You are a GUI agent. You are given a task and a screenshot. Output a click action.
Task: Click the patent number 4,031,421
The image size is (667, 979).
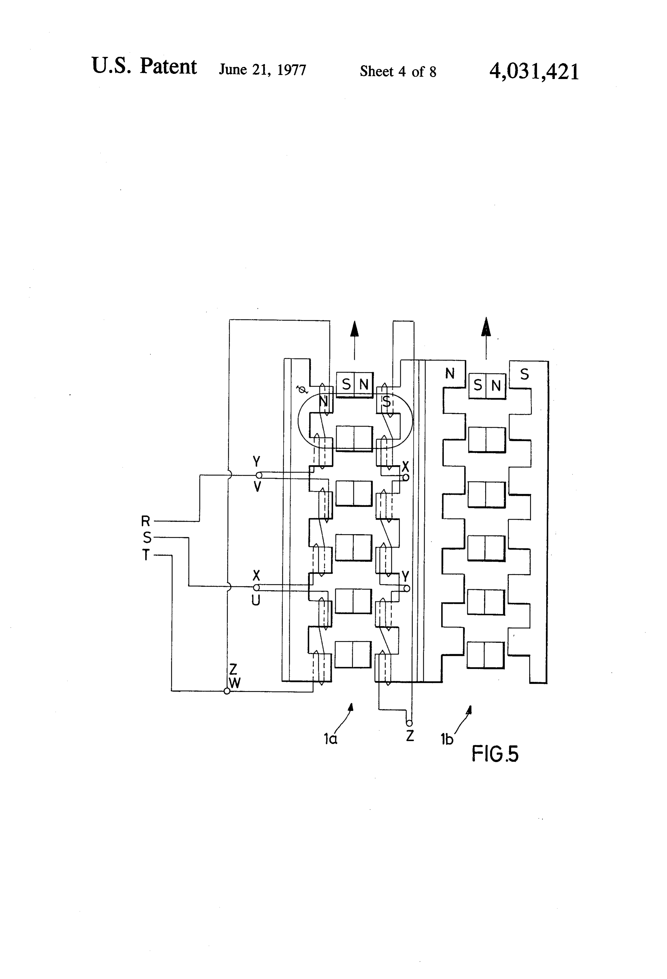click(534, 71)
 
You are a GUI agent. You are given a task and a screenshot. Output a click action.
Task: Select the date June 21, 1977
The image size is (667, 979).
click(262, 70)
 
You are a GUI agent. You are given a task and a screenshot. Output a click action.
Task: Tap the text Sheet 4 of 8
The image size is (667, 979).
click(398, 72)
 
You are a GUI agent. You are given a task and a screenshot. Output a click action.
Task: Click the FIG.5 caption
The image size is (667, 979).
click(494, 753)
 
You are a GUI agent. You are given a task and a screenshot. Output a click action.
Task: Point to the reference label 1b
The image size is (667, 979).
click(446, 739)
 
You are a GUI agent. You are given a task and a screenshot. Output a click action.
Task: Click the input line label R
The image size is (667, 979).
click(145, 521)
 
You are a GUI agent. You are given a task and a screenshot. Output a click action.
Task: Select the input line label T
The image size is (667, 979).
click(146, 555)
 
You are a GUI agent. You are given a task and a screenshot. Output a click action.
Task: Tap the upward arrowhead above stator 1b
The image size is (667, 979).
click(486, 327)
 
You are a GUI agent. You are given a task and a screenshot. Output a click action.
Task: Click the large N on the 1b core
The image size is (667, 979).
click(450, 373)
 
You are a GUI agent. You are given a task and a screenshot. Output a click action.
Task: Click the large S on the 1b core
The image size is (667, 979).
click(524, 374)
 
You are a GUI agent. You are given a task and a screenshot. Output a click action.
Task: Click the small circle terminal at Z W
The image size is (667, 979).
click(227, 691)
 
